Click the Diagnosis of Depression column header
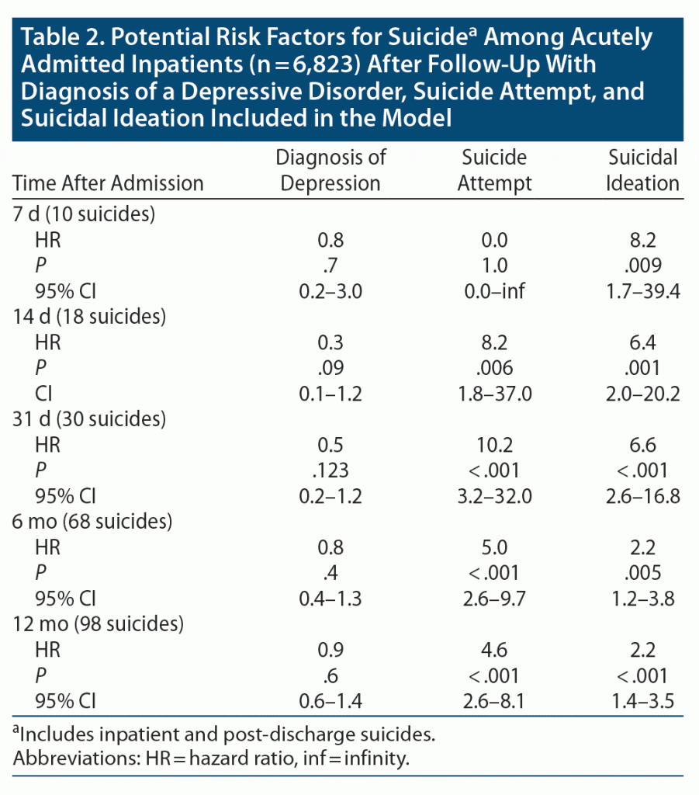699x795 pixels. [331, 170]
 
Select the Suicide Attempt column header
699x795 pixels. [494, 170]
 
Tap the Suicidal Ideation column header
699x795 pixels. [643, 170]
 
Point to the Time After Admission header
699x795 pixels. [108, 183]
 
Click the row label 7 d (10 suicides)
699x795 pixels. [85, 214]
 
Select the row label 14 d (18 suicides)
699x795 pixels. [90, 317]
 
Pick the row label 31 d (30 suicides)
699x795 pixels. [90, 419]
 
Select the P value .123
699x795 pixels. [331, 470]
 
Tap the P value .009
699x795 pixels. [643, 266]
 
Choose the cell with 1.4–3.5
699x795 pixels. [643, 700]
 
